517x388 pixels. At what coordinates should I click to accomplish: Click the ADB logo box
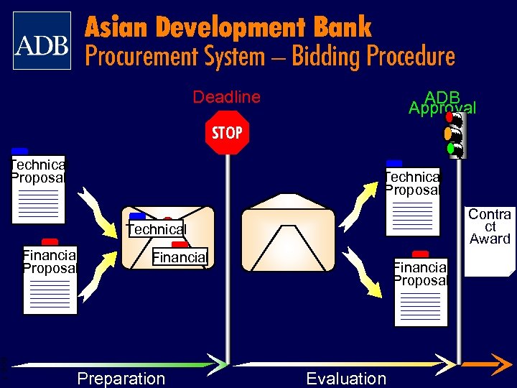click(x=42, y=40)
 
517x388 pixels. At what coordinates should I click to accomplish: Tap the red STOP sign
click(x=227, y=133)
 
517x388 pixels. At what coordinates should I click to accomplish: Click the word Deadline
click(x=226, y=97)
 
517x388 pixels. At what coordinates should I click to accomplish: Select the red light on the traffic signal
click(x=450, y=116)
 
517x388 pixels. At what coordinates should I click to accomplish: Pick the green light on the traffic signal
click(x=450, y=149)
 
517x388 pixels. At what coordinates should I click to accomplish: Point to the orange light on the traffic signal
click(x=449, y=133)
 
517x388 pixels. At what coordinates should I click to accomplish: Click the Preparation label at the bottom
click(x=121, y=379)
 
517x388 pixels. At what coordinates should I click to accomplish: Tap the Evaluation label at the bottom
click(x=345, y=379)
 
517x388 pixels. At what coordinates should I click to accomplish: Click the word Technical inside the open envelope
click(x=156, y=229)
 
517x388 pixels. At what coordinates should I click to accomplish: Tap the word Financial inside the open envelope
click(x=179, y=257)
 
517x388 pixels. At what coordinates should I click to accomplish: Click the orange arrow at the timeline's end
click(x=495, y=364)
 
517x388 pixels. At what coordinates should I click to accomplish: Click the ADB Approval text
click(x=442, y=103)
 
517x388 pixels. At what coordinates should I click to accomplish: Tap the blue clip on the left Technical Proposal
click(x=20, y=151)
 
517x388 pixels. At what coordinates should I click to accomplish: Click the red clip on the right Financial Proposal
click(x=421, y=254)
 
